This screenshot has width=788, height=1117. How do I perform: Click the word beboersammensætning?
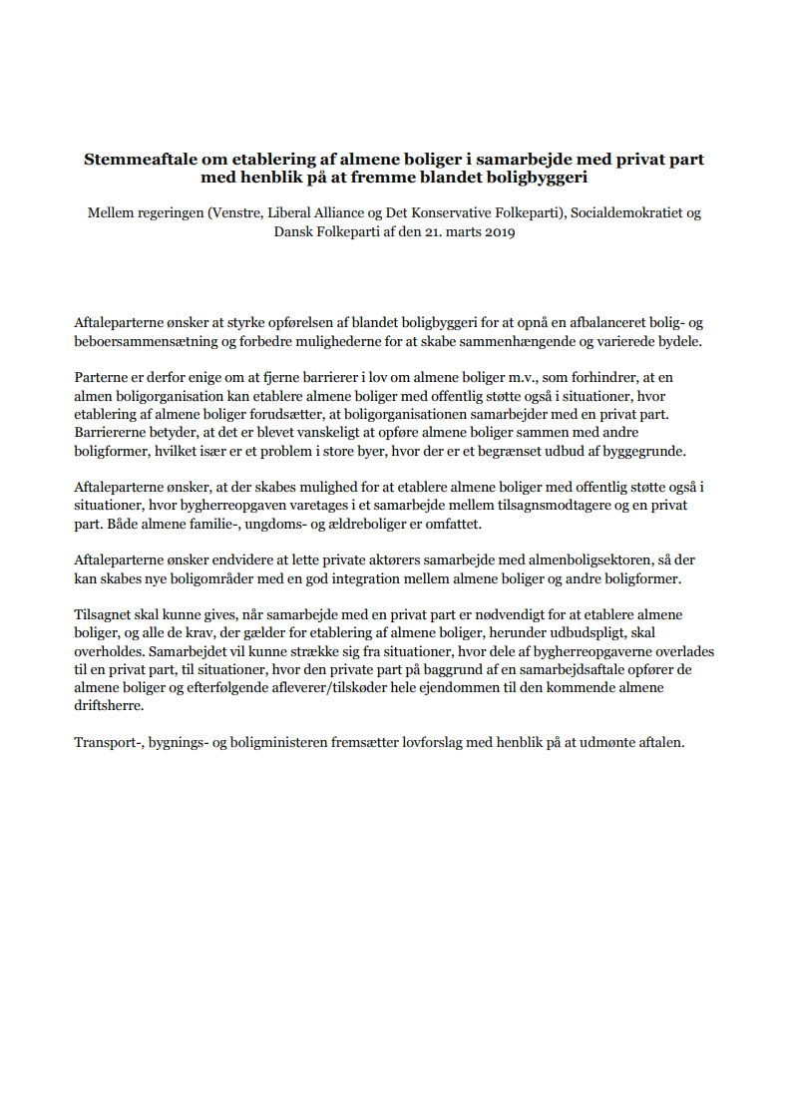(x=144, y=341)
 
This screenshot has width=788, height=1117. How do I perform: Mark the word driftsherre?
(x=109, y=706)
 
